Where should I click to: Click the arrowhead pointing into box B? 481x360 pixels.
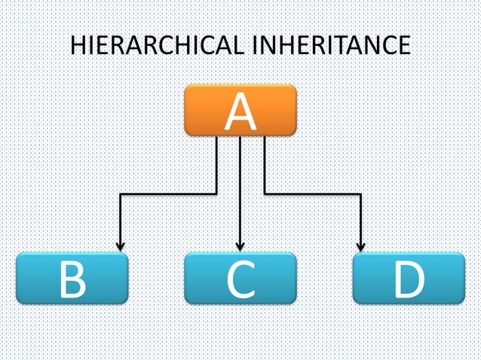click(120, 246)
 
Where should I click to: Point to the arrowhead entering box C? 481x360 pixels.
click(240, 246)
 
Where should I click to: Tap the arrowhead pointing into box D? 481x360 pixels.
click(360, 246)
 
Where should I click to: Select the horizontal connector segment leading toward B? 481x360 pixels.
click(168, 194)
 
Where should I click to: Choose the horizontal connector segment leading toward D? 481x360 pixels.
click(312, 194)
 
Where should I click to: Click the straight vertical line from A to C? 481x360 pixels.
click(240, 188)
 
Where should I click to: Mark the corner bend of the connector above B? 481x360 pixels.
click(121, 195)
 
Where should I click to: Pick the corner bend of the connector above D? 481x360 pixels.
click(360, 195)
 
